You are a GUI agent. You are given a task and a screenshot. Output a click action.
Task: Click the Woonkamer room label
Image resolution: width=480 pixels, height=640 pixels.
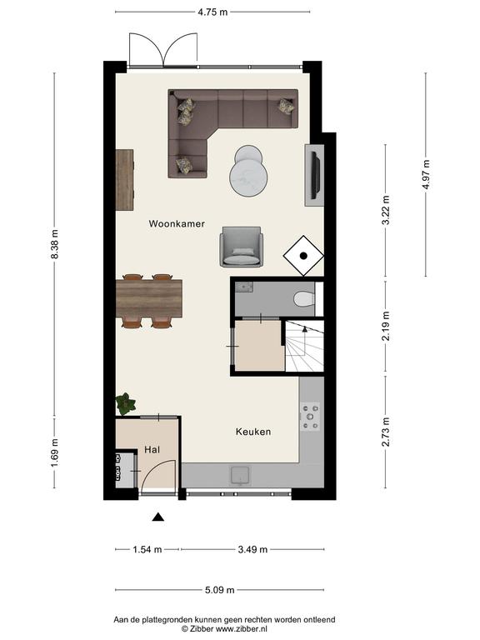(x=177, y=223)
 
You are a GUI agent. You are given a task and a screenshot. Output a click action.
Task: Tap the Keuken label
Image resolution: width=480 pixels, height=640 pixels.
(x=253, y=432)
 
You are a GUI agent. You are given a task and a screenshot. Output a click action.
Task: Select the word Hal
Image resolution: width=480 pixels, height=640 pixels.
(x=152, y=450)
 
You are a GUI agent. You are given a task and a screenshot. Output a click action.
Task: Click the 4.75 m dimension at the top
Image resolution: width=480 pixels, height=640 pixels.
(x=212, y=12)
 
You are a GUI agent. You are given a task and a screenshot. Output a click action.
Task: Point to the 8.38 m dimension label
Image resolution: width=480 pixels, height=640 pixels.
(x=55, y=243)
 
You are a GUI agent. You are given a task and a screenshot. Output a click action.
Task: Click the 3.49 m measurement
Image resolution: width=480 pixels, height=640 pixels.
(x=252, y=549)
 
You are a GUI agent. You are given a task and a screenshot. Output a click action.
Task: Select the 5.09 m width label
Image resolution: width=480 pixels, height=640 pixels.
(x=220, y=590)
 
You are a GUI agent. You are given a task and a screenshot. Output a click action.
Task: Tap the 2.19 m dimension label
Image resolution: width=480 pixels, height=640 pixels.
(x=386, y=326)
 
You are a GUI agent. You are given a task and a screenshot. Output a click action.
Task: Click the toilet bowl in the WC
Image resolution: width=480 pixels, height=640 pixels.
(x=303, y=300)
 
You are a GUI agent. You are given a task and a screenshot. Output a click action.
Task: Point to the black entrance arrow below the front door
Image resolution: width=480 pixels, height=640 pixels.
(x=158, y=517)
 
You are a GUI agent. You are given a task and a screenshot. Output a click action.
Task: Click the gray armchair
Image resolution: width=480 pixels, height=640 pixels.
(x=241, y=247)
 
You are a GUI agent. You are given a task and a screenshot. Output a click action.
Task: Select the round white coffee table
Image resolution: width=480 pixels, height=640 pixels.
(x=248, y=171)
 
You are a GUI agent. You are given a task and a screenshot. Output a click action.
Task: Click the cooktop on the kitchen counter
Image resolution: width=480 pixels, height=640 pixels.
(x=310, y=417)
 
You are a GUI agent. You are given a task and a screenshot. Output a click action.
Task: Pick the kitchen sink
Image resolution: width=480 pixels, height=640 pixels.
(x=241, y=476)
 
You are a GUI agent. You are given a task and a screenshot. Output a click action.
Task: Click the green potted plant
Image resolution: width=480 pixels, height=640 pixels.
(x=125, y=403)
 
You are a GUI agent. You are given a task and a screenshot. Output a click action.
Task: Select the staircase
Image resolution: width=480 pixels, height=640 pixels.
(x=304, y=346)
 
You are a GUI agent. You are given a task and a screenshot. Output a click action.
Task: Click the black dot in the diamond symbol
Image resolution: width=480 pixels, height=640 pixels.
(x=303, y=256)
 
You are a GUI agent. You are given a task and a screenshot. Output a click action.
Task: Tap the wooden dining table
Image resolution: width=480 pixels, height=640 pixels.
(x=149, y=298)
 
